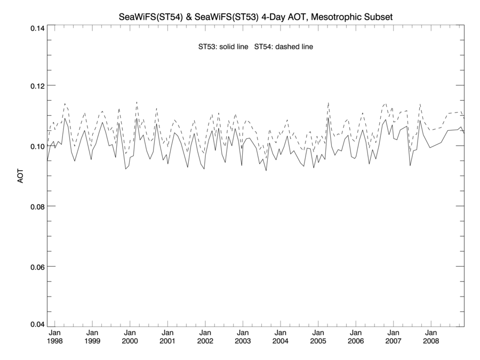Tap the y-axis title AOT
21,176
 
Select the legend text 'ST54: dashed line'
284,47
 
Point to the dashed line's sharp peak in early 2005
328,102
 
